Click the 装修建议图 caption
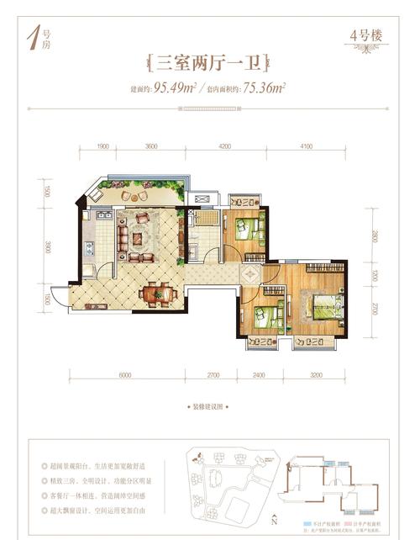(209, 406)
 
